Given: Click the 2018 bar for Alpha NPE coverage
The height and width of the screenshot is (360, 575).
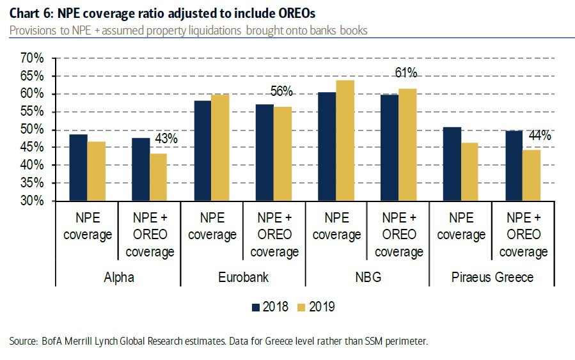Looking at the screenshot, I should coord(78,168).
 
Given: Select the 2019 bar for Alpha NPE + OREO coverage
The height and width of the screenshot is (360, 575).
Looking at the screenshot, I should coord(158,177).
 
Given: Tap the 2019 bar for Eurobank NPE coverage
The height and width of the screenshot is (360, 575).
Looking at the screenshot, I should coord(221,148).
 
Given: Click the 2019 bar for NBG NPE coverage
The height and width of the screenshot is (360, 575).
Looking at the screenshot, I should coord(345,141).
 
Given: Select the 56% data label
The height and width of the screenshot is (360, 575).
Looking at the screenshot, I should coord(281,91).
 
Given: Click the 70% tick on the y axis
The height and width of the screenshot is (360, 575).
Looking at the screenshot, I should coord(31,59).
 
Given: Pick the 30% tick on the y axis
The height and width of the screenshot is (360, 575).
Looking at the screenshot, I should coord(31,201).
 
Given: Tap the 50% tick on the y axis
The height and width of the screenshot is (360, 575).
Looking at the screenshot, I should coord(31,130).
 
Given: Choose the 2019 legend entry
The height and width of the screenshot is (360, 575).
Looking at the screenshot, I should coord(317,307).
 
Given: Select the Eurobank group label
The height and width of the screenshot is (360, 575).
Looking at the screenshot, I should coord(243,278).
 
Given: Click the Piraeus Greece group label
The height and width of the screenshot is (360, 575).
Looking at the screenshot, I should coord(492,278).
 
